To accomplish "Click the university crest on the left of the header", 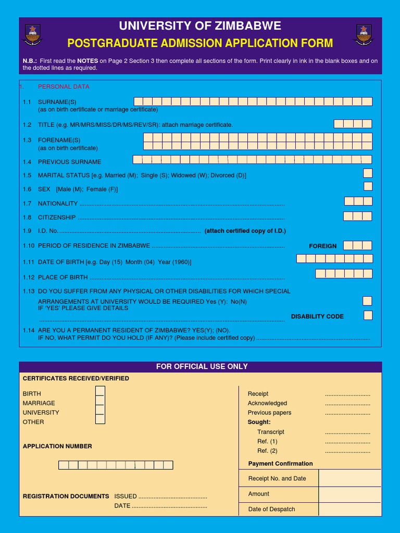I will [x=32, y=34].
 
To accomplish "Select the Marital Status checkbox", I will [x=368, y=173].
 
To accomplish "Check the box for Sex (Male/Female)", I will [x=368, y=186].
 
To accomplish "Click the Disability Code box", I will [x=368, y=315].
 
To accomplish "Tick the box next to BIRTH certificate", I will [x=100, y=391].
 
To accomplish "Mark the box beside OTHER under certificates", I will [x=100, y=420].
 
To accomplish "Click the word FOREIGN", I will [x=323, y=246].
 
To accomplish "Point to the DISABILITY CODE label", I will [x=317, y=316].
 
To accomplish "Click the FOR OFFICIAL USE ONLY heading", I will [x=202, y=366].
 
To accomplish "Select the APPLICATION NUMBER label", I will [x=57, y=446].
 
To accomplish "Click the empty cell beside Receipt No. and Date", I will [x=349, y=478].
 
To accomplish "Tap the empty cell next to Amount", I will [x=349, y=494].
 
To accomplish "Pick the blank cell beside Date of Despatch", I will [x=349, y=509].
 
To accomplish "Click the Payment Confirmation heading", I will [x=280, y=463].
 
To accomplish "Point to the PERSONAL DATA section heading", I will [x=64, y=86].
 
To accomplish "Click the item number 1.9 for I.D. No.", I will [x=27, y=231].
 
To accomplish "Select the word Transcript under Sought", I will [x=271, y=432].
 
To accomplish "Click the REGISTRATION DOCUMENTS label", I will [x=66, y=496].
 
